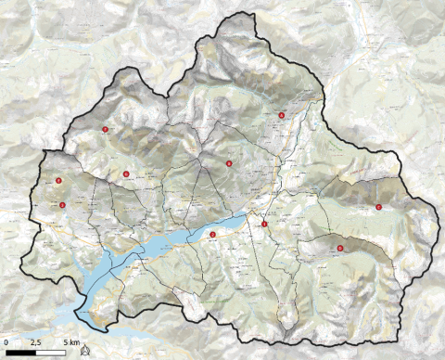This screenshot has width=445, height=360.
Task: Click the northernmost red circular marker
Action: click(281, 115)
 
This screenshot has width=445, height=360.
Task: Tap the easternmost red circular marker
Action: click(378, 207)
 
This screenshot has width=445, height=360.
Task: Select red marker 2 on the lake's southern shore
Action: click(212, 235)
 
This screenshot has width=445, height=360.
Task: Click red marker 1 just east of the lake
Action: click(264, 225)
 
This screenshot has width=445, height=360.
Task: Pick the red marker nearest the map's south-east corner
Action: click(341, 248)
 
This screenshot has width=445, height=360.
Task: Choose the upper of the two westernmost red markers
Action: click(58, 181)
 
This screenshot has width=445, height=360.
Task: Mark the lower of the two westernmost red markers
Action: click(62, 205)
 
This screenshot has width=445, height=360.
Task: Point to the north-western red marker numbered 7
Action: click(106, 130)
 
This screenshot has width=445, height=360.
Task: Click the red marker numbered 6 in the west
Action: click(126, 174)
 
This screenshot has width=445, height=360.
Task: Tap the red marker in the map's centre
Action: click(228, 163)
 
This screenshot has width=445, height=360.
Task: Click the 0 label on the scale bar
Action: click(6, 343)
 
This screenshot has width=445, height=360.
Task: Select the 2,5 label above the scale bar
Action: click(36, 343)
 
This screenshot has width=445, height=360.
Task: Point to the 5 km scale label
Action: click(70, 343)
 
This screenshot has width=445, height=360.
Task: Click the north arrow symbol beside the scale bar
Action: click(84, 351)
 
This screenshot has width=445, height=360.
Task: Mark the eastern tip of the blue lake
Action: click(249, 216)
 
